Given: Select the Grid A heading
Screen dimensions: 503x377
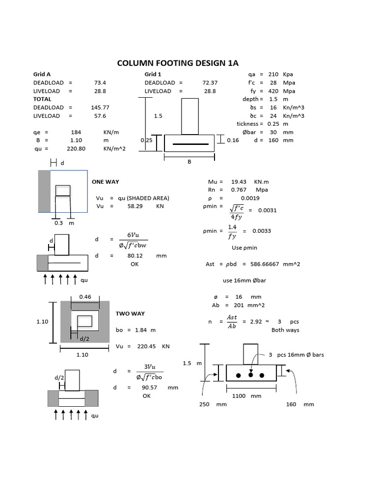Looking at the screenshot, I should (42, 74).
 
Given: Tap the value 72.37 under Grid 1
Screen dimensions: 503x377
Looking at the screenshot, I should (210, 83).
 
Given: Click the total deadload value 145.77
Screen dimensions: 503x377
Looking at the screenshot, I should (100, 108).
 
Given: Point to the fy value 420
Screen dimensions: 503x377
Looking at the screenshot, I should (273, 91).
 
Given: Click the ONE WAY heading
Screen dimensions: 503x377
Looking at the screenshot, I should (106, 182).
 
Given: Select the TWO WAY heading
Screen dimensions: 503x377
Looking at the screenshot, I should (130, 313).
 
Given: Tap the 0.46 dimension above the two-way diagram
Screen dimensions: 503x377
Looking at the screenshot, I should (85, 297).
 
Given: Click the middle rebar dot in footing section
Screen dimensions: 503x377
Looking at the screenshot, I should (250, 375).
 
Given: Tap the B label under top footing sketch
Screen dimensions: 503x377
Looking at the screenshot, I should (189, 163).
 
